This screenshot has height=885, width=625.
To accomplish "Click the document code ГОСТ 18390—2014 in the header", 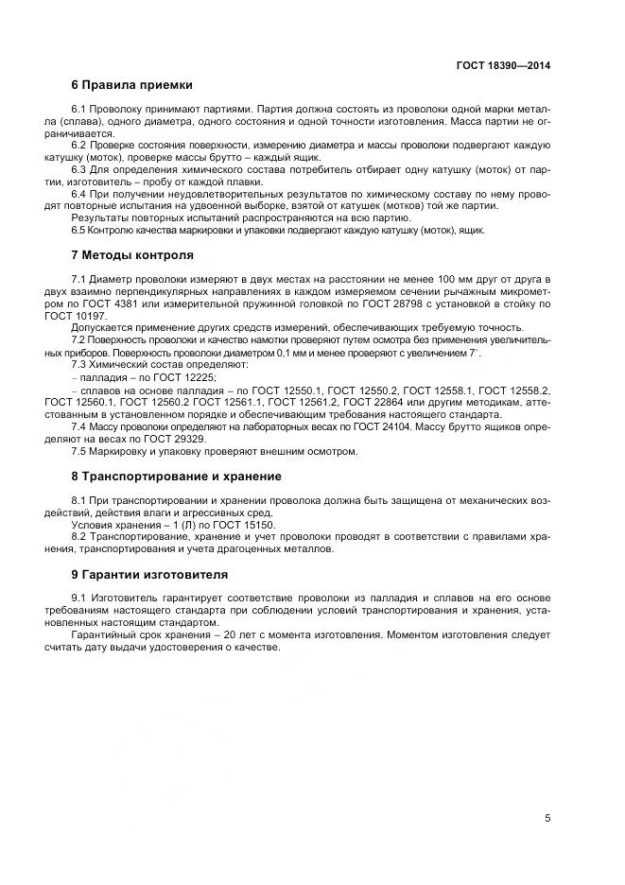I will pos(505,66).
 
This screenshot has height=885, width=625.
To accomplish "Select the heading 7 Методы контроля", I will pos(132,255).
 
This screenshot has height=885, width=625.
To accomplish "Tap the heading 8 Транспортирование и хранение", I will pos(177,476).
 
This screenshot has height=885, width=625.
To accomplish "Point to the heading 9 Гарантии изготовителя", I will pos(149,574).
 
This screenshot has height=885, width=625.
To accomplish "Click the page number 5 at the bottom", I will pos(547,818).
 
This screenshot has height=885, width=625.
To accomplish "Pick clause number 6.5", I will pos(79,230).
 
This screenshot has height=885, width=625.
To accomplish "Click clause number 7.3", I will pos(79,364).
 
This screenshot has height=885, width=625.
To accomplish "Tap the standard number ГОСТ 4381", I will pos(113,304).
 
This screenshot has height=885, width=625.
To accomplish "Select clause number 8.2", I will pos(79,537).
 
